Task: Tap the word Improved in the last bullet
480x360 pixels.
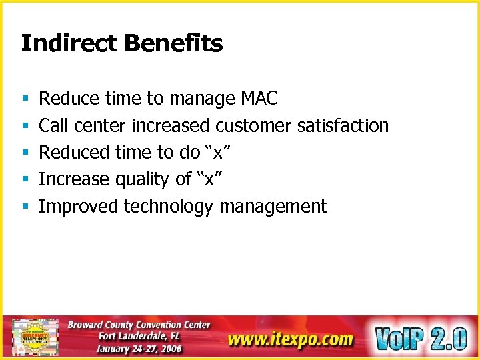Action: [79, 207]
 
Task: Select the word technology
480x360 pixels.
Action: [168, 207]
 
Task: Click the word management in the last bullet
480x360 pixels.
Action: [273, 207]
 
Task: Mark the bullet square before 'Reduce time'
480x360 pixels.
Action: [24, 99]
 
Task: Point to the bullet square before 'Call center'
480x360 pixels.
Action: [24, 126]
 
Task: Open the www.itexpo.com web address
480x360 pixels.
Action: [290, 339]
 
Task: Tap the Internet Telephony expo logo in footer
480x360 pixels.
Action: [35, 337]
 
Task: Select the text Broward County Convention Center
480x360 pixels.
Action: [139, 325]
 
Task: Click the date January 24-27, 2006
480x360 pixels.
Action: [139, 348]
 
